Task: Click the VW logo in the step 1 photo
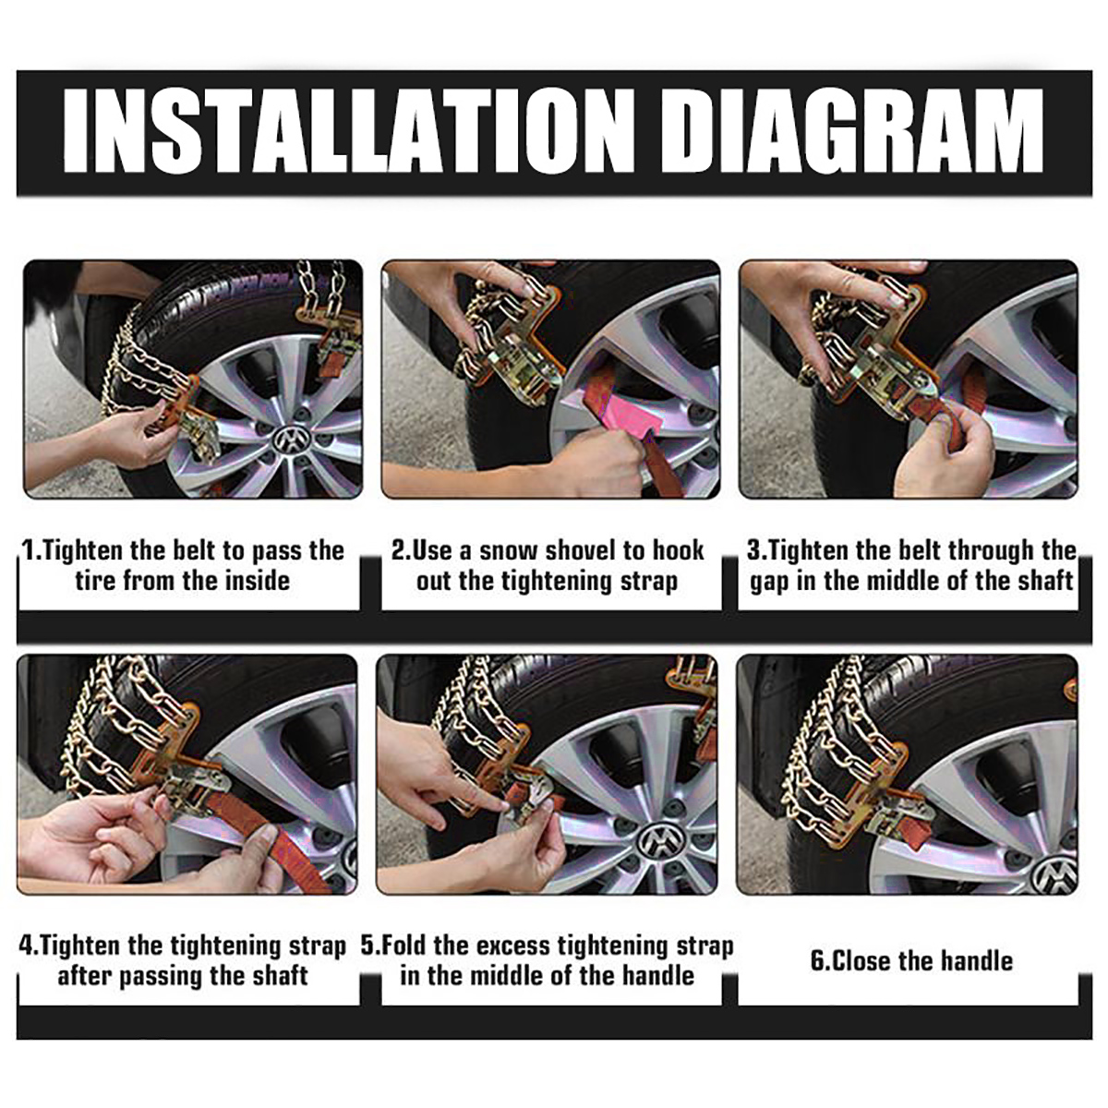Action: tap(291, 441)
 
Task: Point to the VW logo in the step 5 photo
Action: tap(660, 841)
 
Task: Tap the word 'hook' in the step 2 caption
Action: tap(679, 551)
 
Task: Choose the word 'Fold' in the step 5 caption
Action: tap(403, 946)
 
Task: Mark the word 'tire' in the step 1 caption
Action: tap(95, 582)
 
